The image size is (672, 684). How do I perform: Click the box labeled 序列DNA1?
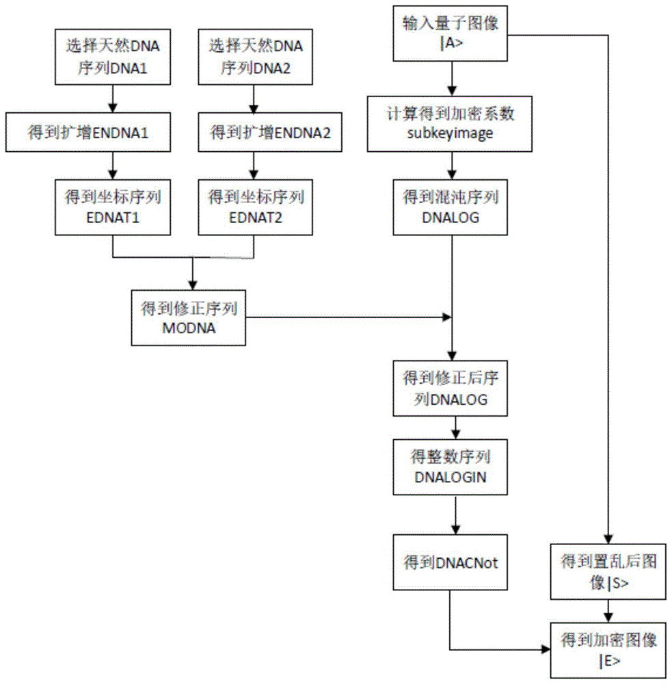(x=113, y=57)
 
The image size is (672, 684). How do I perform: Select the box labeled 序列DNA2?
(x=256, y=57)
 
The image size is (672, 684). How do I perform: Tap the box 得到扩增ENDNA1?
(x=88, y=132)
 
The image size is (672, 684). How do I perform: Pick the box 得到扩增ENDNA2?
(x=270, y=132)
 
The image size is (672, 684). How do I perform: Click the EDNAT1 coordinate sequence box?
(x=113, y=207)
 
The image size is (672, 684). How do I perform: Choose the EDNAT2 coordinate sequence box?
(x=256, y=207)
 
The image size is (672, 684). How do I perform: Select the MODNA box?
(x=189, y=318)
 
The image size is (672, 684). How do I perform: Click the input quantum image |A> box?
(x=450, y=34)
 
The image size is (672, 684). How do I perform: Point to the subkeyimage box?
(x=450, y=124)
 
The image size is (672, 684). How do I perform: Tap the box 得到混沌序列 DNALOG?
(x=450, y=207)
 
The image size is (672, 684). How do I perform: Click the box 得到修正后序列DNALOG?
(x=450, y=389)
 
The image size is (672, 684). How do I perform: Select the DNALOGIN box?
(x=450, y=467)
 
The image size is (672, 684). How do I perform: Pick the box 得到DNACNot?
(x=450, y=562)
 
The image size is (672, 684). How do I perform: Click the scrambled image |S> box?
(x=608, y=571)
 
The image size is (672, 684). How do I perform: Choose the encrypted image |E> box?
(x=608, y=650)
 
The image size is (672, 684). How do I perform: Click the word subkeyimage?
(x=450, y=133)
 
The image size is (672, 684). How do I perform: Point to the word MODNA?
(x=189, y=328)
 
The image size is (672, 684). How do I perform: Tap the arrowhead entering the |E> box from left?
(x=546, y=650)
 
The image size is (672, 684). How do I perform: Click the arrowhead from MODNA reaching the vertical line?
(x=447, y=317)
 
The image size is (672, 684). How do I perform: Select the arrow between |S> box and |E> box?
(x=608, y=611)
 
